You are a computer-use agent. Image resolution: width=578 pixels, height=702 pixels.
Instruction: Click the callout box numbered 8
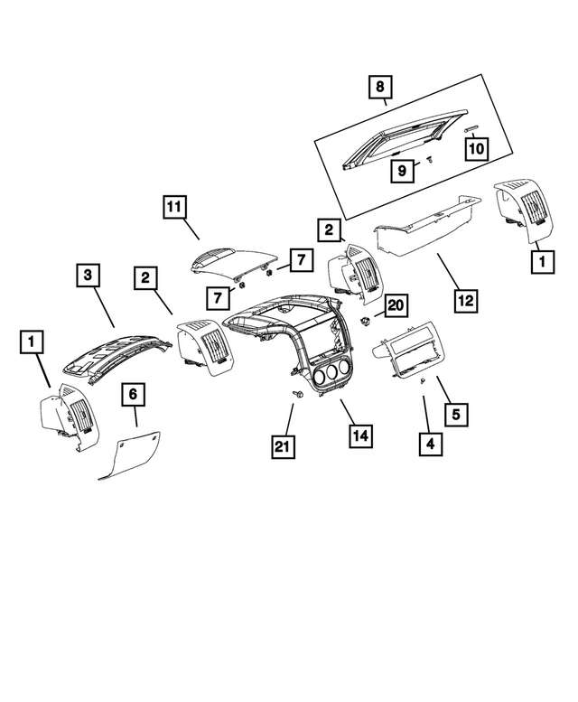(380, 88)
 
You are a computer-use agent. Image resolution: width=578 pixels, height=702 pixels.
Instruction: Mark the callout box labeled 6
(133, 394)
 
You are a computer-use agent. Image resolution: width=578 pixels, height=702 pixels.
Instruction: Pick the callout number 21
(283, 445)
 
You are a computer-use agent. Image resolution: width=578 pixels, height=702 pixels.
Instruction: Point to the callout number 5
(457, 415)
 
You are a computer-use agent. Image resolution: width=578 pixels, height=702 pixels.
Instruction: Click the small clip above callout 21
(296, 396)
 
